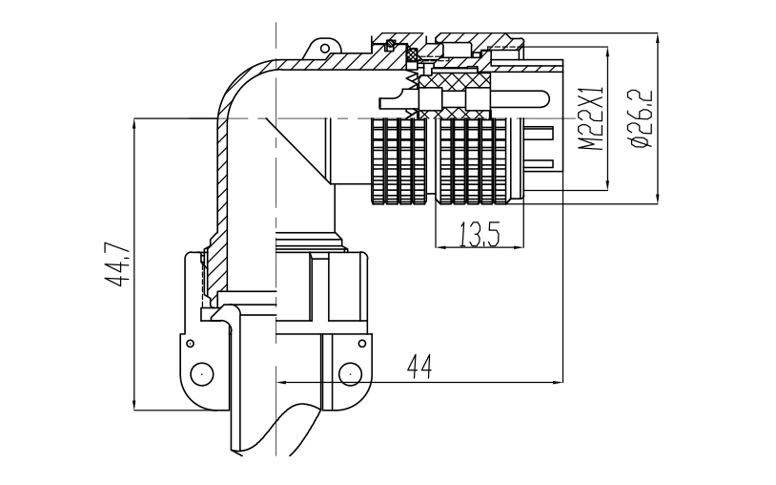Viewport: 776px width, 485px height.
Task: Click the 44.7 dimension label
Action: pos(117,264)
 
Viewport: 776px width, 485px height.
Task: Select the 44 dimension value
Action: pos(419,368)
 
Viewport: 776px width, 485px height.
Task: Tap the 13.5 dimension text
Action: pos(480,234)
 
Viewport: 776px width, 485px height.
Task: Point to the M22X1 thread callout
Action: pos(591,118)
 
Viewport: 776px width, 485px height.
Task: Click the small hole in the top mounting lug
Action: pos(325,48)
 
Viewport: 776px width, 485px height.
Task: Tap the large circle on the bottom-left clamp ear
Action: pos(202,373)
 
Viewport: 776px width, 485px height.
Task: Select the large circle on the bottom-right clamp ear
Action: pos(350,373)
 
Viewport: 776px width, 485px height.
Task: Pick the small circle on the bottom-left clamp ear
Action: pos(190,343)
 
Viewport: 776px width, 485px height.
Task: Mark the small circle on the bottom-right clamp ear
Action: pos(362,343)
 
